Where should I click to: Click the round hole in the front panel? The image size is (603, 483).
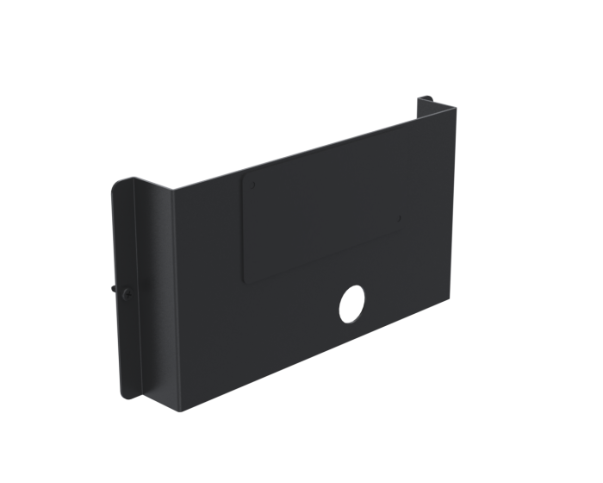351,303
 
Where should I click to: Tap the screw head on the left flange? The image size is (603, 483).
127,293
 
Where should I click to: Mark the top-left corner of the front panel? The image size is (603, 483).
175,191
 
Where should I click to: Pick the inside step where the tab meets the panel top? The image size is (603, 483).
420,116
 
